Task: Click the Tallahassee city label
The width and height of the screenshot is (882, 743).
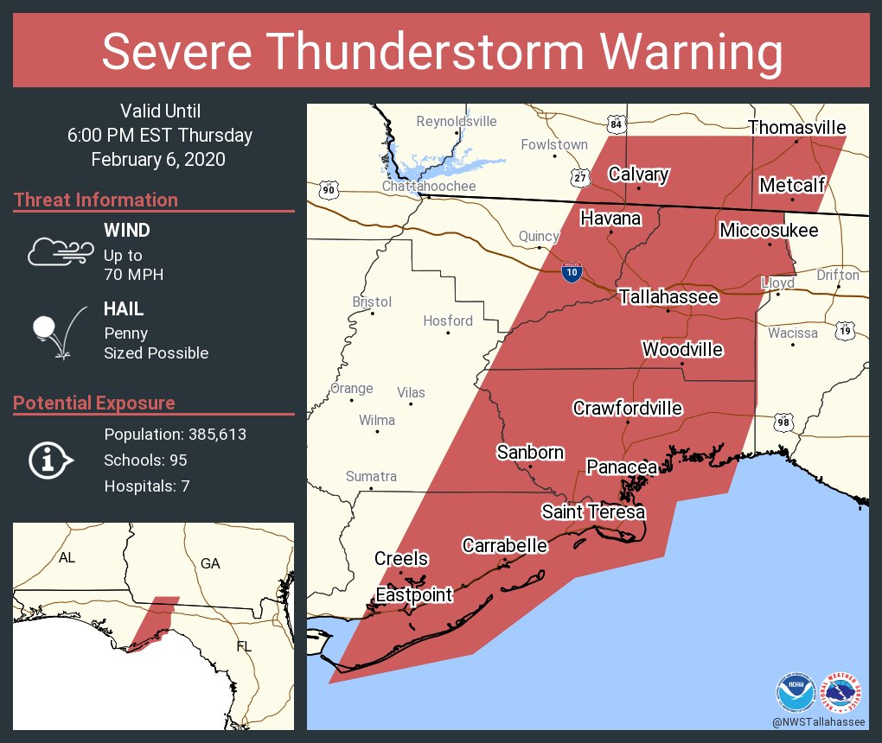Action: pos(668,297)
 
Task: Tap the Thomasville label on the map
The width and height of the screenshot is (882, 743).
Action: pos(796,128)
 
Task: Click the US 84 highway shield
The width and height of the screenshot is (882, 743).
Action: pos(615,124)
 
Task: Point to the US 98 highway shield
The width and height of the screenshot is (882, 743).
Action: pos(783,422)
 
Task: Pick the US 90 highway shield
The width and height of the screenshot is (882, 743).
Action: pos(328,189)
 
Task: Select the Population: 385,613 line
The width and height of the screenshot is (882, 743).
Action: pos(175,435)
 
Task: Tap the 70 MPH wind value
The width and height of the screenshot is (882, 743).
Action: pos(133,275)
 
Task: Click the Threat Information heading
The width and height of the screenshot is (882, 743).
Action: pos(96,200)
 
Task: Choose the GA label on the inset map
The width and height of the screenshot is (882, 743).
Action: pos(210,563)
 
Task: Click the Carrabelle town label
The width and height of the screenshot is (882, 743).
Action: pos(504,546)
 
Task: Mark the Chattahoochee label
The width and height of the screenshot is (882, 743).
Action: pos(429,187)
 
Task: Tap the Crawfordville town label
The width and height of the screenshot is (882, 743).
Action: pos(628,409)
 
